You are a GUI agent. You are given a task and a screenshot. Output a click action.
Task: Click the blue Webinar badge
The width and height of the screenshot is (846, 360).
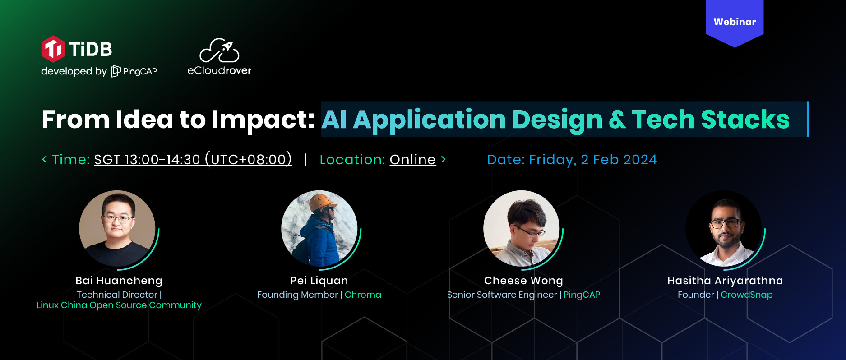735,23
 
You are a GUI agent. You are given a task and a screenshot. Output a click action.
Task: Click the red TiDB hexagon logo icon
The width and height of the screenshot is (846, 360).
53,49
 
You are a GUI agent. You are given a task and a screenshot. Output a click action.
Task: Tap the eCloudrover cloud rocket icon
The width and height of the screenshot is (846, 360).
219,50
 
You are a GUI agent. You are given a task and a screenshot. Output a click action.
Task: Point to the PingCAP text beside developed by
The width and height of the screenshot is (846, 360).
140,71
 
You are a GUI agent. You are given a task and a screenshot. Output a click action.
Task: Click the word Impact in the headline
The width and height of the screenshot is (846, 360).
263,120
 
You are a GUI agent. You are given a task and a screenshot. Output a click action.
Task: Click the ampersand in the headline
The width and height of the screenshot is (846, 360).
617,120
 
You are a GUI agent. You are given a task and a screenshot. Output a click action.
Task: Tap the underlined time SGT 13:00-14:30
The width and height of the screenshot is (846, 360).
147,160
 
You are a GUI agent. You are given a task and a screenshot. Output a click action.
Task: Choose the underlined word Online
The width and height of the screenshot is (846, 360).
413,160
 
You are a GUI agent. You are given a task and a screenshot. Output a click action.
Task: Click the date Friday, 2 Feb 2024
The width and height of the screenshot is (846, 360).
593,160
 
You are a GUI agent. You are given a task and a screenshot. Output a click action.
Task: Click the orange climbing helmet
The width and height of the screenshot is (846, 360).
321,202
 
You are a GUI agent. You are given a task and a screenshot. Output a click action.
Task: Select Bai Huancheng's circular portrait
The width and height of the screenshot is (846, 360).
117,228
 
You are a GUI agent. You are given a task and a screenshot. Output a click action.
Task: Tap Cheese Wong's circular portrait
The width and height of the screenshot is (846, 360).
522,228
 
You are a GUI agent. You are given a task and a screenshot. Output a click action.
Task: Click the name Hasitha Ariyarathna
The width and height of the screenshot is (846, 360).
725,281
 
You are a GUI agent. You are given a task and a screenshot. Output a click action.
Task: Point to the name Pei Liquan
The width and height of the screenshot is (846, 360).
319,281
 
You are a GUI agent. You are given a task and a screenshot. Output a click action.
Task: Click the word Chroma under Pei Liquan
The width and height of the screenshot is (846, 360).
363,295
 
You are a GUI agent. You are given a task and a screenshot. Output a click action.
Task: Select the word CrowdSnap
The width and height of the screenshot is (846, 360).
747,295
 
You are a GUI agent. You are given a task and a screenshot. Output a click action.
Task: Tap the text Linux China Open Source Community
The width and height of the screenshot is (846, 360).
119,305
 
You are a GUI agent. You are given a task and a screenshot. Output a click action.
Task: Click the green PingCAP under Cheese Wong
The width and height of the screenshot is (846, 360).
582,295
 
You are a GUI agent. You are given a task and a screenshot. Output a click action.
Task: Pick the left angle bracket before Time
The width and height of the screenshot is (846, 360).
44,159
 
